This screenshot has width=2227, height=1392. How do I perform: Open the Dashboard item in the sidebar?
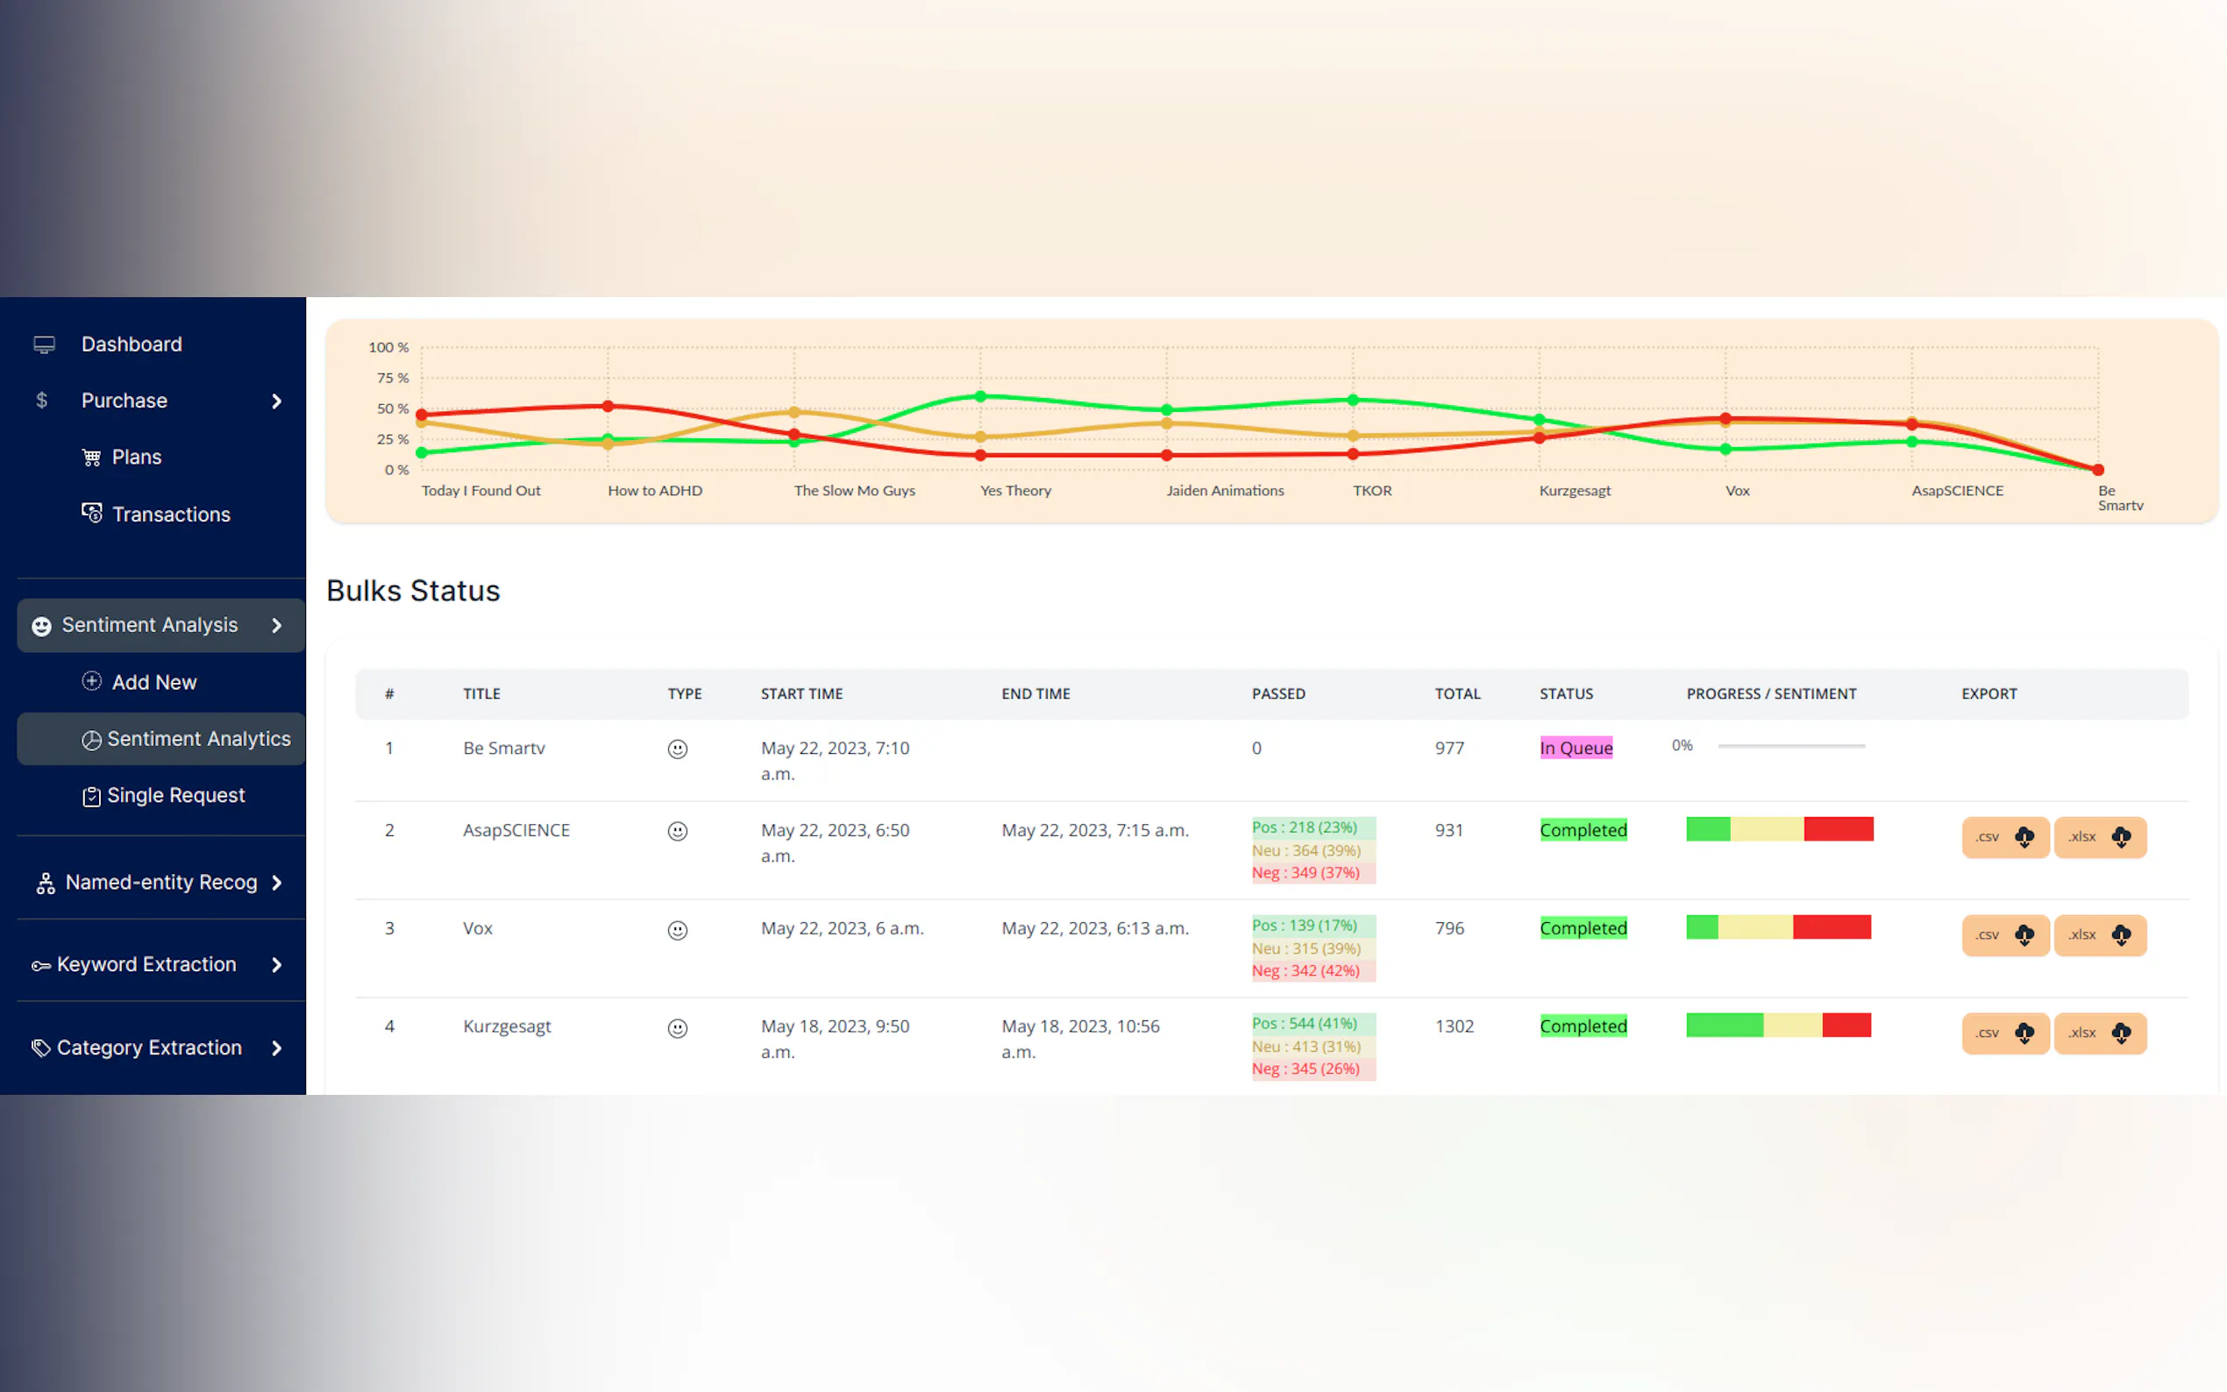[x=131, y=344]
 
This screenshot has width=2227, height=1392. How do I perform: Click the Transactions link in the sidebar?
[x=170, y=514]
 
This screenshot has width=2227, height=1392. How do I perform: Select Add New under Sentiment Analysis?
[x=153, y=682]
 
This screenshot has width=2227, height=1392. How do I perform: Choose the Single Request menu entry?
[x=175, y=795]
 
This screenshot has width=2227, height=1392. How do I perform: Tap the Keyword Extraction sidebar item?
[x=146, y=964]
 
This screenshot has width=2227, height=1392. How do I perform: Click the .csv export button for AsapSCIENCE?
[x=2004, y=837]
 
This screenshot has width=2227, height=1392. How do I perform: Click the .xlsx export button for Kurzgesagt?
[x=2099, y=1033]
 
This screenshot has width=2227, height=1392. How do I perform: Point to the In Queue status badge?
[x=1576, y=748]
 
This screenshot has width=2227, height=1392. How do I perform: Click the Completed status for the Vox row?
[x=1583, y=928]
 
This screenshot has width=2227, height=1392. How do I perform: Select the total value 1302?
[x=1454, y=1026]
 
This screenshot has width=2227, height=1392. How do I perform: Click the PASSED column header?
[x=1277, y=693]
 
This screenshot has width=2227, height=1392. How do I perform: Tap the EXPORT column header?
[x=1989, y=693]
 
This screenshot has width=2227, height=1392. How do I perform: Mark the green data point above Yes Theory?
[x=980, y=397]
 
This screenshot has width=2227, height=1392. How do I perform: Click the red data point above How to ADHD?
[x=608, y=406]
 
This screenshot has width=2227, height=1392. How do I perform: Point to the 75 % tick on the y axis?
[x=392, y=379]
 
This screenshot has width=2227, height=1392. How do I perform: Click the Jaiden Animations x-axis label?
[x=1225, y=491]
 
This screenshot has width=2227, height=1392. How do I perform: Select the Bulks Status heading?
[x=412, y=590]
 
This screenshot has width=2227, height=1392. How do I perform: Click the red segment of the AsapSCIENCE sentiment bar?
[x=1838, y=828]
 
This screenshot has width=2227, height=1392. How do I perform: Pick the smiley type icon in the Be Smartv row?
[x=677, y=749]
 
